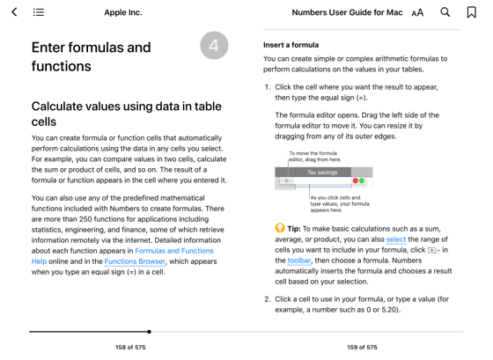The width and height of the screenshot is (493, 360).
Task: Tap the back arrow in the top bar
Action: (x=14, y=12)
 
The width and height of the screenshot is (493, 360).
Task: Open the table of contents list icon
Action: (x=39, y=12)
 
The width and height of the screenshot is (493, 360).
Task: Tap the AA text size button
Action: (x=417, y=12)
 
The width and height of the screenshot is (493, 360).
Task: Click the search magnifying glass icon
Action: (x=445, y=12)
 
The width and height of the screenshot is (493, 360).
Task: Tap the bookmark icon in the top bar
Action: (x=471, y=12)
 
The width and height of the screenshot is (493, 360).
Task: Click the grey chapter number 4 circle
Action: (x=214, y=46)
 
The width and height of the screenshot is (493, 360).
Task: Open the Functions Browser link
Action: (x=135, y=261)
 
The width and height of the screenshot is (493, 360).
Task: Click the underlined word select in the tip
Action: (x=396, y=239)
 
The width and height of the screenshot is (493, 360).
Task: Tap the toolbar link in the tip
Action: (x=299, y=261)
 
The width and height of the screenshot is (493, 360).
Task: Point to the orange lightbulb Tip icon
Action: (x=280, y=228)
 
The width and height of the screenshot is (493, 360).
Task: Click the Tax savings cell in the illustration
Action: (x=322, y=173)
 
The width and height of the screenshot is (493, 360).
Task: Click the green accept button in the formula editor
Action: (x=362, y=180)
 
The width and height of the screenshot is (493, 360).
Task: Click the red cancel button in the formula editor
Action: (x=355, y=180)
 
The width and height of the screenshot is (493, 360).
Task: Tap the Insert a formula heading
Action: (x=291, y=45)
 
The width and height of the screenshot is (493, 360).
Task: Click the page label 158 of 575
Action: (x=130, y=348)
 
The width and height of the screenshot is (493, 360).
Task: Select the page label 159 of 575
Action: (x=362, y=348)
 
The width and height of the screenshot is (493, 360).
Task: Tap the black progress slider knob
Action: (x=149, y=332)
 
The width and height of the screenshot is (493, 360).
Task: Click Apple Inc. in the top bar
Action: (x=123, y=12)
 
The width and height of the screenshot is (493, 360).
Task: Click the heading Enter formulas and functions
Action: (x=91, y=55)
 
